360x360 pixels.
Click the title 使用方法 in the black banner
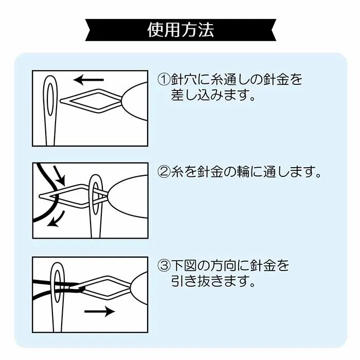[181, 30]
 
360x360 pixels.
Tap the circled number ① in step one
[164, 79]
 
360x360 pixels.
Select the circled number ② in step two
[164, 172]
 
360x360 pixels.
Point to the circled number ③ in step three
[164, 266]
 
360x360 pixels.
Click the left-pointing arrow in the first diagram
[88, 80]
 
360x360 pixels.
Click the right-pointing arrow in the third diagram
[100, 311]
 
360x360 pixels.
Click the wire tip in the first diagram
[61, 101]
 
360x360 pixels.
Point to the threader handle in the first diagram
[135, 101]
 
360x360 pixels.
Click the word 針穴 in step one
[184, 79]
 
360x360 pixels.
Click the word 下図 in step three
[184, 266]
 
